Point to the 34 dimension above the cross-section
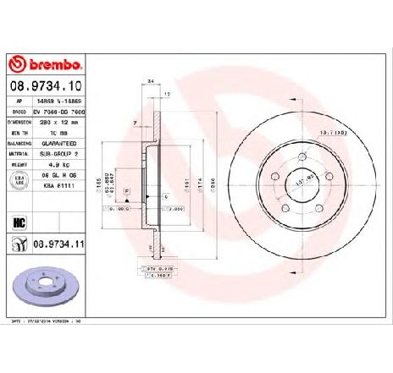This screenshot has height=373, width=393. [x=150, y=83]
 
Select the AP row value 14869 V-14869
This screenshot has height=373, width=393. [x=64, y=102]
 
